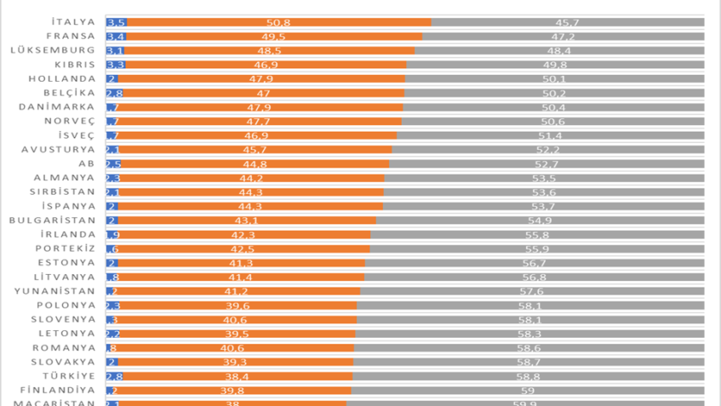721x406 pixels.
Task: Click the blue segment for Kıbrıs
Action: (116, 65)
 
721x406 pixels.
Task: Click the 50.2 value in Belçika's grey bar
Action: (554, 93)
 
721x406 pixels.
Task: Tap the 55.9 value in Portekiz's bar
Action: (537, 249)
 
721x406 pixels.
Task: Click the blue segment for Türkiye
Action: (115, 376)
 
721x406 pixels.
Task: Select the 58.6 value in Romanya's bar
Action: (529, 347)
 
